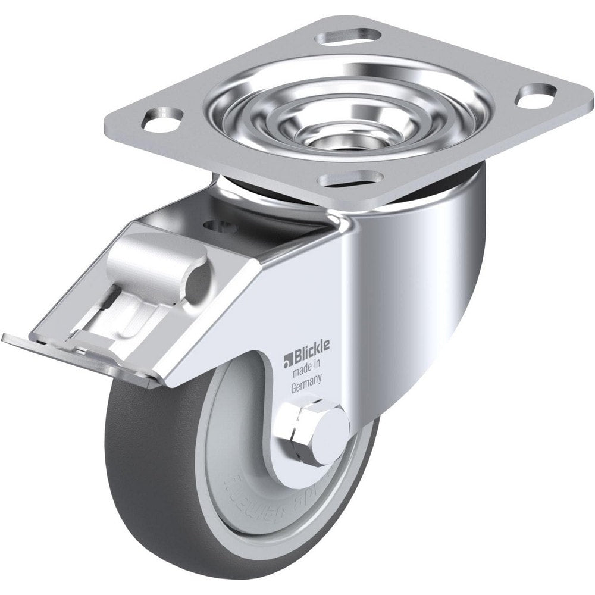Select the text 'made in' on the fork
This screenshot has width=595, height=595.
point(305,373)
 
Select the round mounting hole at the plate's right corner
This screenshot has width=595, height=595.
point(537,96)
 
